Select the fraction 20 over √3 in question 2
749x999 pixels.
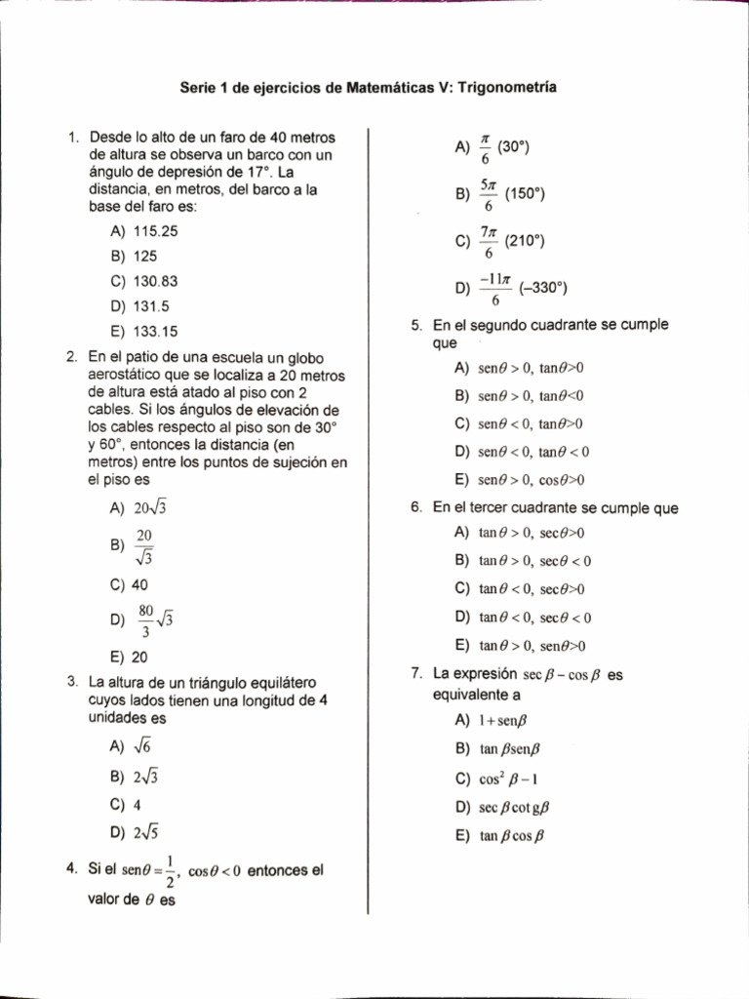(144, 546)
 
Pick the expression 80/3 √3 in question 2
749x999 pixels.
(154, 619)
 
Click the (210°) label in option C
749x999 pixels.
(521, 241)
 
